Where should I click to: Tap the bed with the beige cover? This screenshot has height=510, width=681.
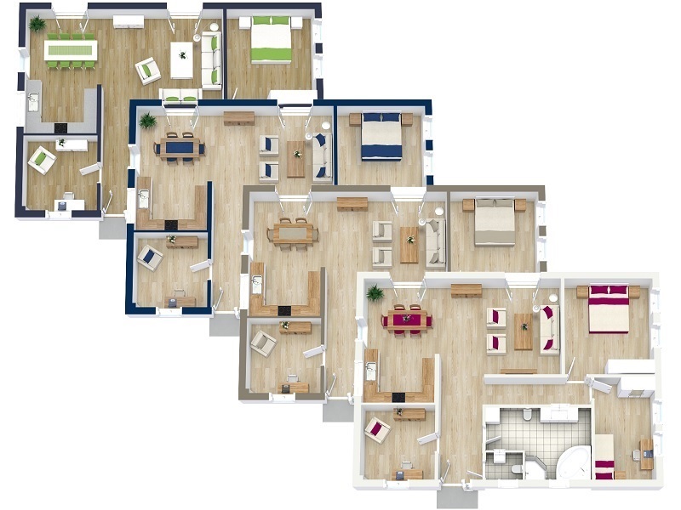(494, 223)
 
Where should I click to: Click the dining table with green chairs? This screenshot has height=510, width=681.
(71, 50)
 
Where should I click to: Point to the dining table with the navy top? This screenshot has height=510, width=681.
(180, 147)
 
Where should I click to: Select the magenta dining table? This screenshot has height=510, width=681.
(407, 320)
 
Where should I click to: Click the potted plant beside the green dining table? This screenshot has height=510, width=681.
(37, 24)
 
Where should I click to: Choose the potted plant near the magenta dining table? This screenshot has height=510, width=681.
(375, 294)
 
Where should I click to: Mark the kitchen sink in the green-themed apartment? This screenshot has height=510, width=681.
(34, 102)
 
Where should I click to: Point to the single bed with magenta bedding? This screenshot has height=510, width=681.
(604, 456)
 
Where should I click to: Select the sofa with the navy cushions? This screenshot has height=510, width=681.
(321, 156)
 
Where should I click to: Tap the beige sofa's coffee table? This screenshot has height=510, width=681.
(409, 244)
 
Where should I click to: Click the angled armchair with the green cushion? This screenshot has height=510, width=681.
(148, 70)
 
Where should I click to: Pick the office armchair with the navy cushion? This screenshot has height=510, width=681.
(151, 256)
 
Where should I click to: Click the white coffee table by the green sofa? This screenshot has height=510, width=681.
(181, 59)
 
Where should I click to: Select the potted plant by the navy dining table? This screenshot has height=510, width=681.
(148, 120)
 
